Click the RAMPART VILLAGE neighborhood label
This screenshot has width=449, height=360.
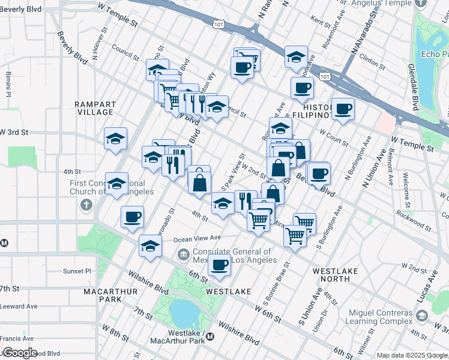click(x=95, y=108)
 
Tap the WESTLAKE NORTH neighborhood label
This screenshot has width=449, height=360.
click(x=336, y=275)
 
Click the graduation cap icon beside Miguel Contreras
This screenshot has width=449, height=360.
click(x=422, y=315)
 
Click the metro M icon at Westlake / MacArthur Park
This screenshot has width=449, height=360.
click(x=210, y=337)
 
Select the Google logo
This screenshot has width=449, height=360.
click(x=20, y=353)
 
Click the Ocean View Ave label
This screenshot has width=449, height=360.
click(x=198, y=239)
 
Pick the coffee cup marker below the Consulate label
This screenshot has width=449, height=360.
click(x=220, y=265)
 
